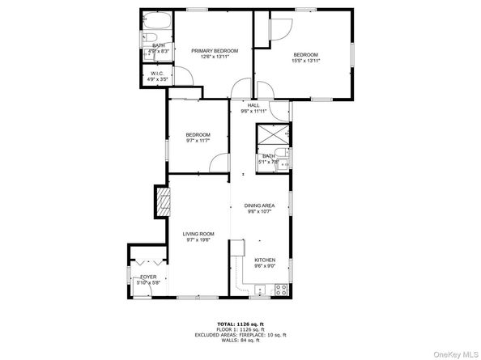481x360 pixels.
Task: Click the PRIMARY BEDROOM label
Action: (215, 50)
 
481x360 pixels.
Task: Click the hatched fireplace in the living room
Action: (164, 200)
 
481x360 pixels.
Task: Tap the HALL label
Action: (253, 105)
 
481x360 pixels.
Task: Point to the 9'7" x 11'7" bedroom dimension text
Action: (198, 141)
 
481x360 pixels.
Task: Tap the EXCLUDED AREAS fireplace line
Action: (240, 334)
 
